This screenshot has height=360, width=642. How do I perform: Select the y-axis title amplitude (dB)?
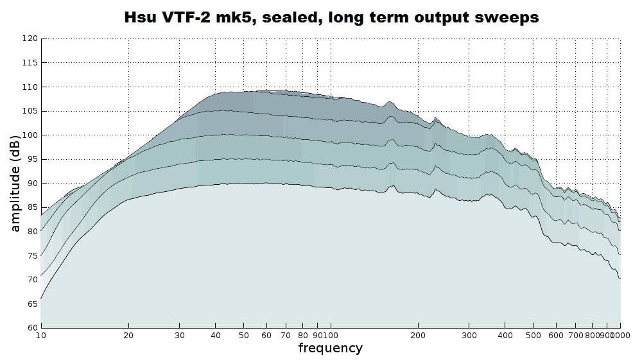click(15, 183)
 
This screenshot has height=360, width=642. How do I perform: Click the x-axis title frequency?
click(330, 348)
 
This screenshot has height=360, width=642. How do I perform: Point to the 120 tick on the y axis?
click(30, 39)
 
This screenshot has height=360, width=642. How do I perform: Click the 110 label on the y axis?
click(30, 87)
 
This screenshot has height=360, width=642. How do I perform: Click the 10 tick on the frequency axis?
click(40, 335)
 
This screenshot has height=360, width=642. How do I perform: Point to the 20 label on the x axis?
click(128, 335)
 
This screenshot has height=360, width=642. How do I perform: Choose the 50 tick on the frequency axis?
click(244, 335)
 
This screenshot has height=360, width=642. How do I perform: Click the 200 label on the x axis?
click(418, 335)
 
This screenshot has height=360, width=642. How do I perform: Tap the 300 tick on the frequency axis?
click(469, 335)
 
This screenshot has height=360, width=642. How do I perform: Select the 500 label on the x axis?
click(533, 335)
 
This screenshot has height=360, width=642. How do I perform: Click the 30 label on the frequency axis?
click(180, 335)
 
